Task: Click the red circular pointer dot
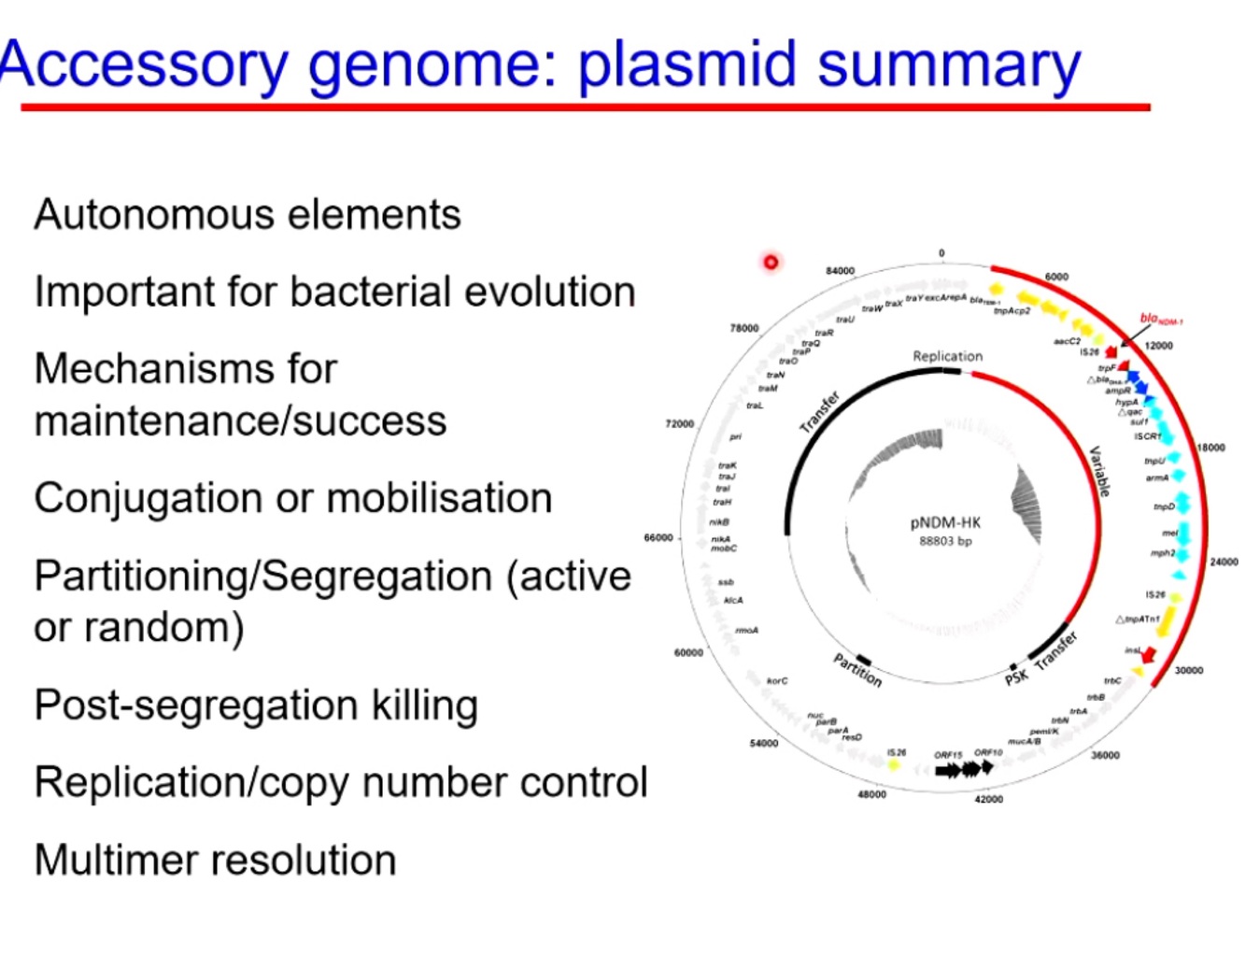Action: coord(771,262)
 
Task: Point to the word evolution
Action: coord(549,292)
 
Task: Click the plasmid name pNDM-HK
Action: coord(945,522)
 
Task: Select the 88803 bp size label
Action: coord(945,541)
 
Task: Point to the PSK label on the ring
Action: coord(1016,677)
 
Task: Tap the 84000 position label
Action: coord(840,271)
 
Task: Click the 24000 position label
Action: coord(1224,562)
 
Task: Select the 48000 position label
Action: coord(871,794)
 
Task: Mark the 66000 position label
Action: coord(658,537)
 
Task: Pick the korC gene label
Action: coord(777,681)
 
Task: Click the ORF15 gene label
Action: coord(947,755)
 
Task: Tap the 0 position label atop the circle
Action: coord(942,253)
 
